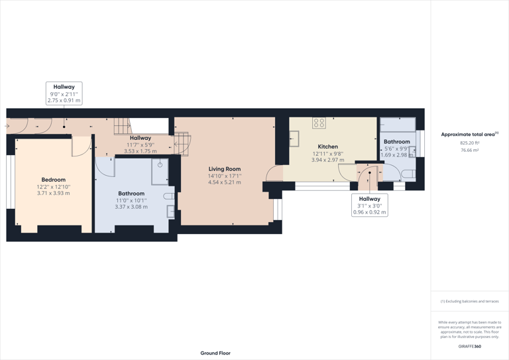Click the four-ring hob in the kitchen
point(319,123)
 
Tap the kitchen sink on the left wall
point(294,139)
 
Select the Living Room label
point(225,169)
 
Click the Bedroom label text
point(53,180)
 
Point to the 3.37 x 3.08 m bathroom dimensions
point(131,206)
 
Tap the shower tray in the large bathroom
point(160,170)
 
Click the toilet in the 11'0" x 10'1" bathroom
point(169,196)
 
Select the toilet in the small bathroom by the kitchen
point(408,174)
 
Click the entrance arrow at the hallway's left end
point(7,126)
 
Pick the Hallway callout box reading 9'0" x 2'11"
point(64,93)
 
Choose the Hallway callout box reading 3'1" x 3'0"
point(370,205)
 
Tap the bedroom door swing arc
point(82,149)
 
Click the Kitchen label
point(327,147)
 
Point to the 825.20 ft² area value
point(469,143)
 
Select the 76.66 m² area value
point(469,150)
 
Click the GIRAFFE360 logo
point(469,346)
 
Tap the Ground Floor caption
point(215,353)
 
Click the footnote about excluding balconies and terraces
point(469,301)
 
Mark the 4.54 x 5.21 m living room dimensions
point(225,182)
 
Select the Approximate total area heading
point(469,135)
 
